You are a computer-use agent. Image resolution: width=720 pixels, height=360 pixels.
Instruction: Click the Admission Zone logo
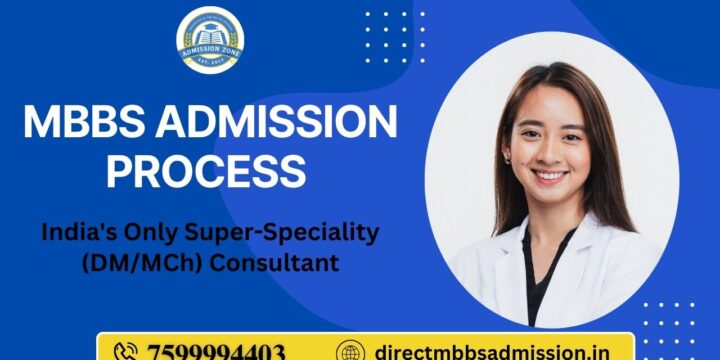tap(211, 40)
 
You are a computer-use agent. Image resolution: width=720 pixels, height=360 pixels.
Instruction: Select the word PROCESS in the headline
tap(206, 170)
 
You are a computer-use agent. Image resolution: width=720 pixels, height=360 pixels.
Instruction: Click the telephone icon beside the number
tap(126, 351)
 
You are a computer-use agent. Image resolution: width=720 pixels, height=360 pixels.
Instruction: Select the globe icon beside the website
tap(349, 351)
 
